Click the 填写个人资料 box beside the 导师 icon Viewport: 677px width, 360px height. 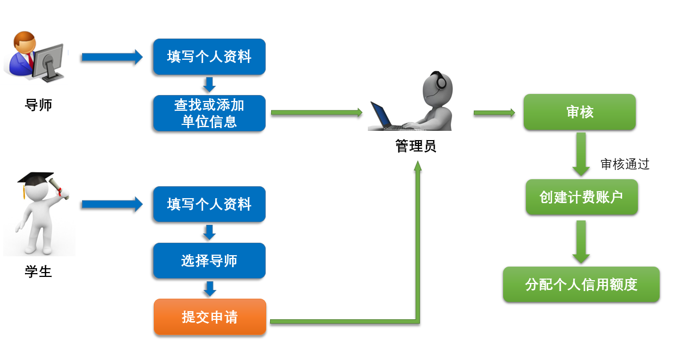[x=209, y=56]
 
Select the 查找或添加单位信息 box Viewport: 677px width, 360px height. [x=209, y=113]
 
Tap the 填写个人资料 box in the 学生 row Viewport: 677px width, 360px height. [x=209, y=204]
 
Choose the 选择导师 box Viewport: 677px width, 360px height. [x=209, y=261]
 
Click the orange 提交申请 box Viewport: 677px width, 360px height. [x=210, y=317]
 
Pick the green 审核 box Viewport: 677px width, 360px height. [x=579, y=112]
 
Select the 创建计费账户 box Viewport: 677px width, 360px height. [x=581, y=197]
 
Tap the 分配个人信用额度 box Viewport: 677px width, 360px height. [x=581, y=285]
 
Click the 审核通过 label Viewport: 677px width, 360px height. [x=625, y=164]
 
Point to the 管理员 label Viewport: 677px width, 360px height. [x=416, y=146]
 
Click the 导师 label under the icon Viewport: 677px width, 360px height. [x=39, y=105]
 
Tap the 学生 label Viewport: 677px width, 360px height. [x=39, y=271]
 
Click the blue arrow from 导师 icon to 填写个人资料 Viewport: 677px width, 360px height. [x=111, y=57]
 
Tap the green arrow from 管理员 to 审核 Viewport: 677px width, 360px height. [x=494, y=113]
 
